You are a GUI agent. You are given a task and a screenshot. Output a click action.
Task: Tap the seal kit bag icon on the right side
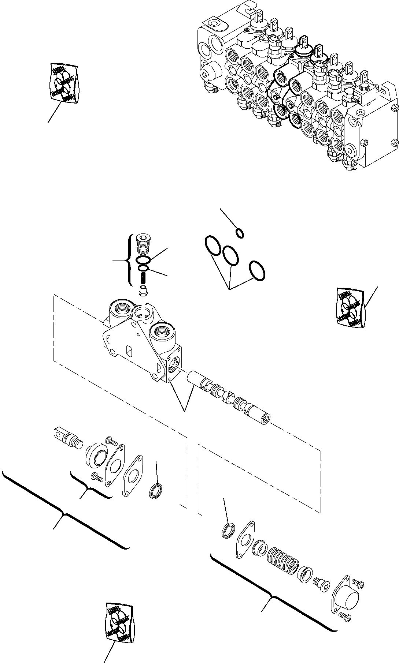pyautogui.click(x=351, y=306)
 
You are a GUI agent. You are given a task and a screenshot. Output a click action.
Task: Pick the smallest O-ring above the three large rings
pyautogui.click(x=240, y=233)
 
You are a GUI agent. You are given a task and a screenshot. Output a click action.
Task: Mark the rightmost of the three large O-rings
pyautogui.click(x=257, y=271)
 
